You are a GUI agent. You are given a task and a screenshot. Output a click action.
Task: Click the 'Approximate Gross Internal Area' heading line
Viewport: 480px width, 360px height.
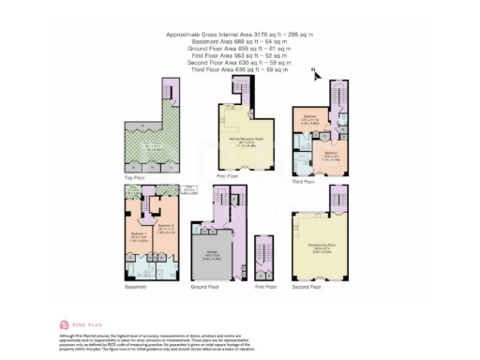pyautogui.click(x=239, y=35)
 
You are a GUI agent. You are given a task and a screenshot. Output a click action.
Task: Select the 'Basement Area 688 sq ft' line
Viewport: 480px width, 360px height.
pyautogui.click(x=239, y=41)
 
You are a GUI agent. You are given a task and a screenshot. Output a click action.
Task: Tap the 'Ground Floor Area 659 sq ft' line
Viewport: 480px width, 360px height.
pyautogui.click(x=239, y=48)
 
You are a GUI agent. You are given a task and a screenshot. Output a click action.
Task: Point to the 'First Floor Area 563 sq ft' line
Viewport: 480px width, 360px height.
pyautogui.click(x=239, y=54)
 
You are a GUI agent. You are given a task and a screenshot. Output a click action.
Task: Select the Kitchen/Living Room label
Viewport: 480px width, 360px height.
pyautogui.click(x=323, y=249)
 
